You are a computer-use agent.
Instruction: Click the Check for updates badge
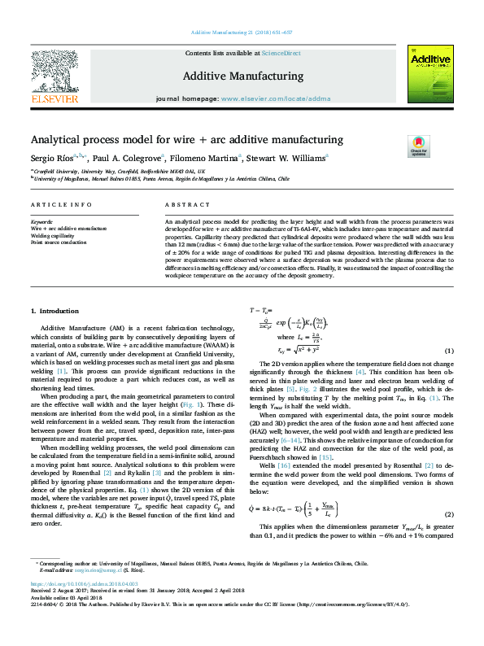tap(418, 146)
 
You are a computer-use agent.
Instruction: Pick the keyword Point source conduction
tap(58, 242)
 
